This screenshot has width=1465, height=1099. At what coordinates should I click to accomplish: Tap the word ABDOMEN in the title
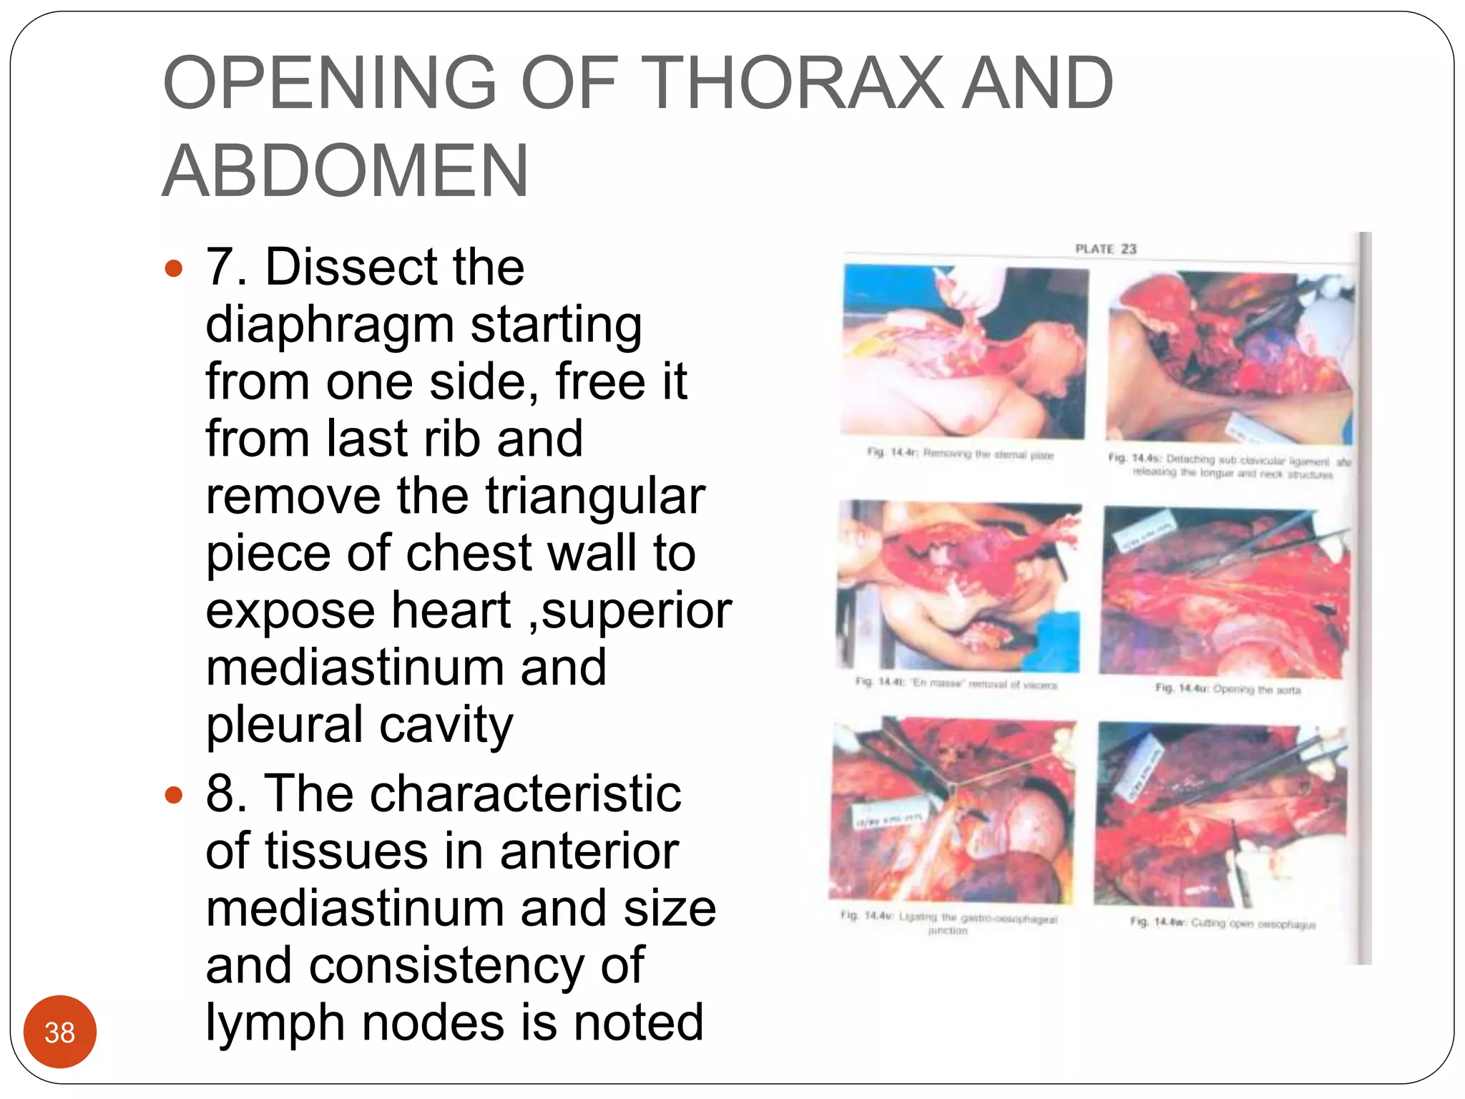pos(346,172)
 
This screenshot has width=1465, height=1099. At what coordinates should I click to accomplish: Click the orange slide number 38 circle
pos(60,1032)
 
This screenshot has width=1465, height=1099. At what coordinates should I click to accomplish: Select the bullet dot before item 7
pos(174,269)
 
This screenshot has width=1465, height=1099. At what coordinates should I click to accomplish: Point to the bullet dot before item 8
pos(174,795)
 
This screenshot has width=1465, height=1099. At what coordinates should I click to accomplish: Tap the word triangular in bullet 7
pos(595,496)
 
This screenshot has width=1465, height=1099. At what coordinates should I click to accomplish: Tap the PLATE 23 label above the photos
pos(1105,249)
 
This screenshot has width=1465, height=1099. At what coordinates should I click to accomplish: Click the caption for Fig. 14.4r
pos(960,454)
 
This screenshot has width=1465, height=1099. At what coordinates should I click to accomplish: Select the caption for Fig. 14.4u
pos(1228,689)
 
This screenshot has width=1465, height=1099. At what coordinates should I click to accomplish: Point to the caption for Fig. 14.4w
pos(1223,924)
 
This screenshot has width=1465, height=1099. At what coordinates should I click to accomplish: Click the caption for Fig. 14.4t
pos(956,684)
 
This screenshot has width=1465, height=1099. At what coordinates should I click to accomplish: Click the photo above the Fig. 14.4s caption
pos(1229,356)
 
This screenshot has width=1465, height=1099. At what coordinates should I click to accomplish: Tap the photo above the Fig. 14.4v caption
pos(953,810)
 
